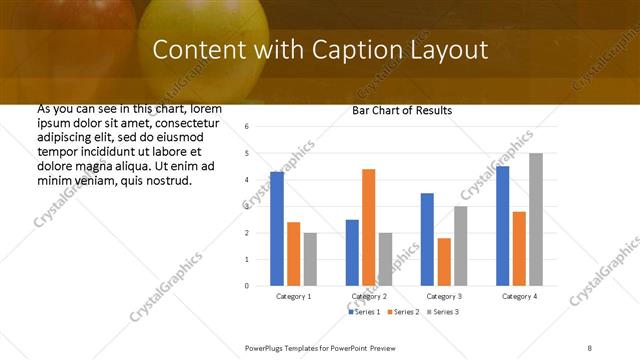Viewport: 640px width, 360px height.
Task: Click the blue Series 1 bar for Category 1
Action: [277, 229]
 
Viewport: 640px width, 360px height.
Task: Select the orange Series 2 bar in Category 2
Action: [368, 227]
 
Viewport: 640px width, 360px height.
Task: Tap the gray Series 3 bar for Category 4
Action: [536, 219]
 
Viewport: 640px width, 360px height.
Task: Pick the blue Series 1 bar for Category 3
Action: [427, 239]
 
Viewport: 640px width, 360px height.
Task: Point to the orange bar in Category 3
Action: [444, 262]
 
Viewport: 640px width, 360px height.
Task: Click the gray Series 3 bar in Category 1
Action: [310, 259]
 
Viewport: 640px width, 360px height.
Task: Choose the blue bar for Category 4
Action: [502, 226]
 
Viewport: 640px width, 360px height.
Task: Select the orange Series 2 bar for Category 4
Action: [519, 248]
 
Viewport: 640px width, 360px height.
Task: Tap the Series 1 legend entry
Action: [364, 312]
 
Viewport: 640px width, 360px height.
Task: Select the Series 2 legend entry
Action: [403, 312]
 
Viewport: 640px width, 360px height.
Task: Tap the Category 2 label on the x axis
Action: [369, 297]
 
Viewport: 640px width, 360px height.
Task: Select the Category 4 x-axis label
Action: [519, 297]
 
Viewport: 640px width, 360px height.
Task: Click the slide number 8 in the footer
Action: [590, 347]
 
